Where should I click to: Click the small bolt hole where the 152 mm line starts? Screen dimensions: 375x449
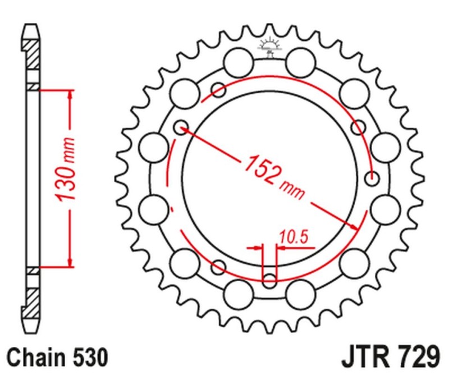click(180, 128)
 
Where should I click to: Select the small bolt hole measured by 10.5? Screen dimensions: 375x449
click(269, 279)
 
